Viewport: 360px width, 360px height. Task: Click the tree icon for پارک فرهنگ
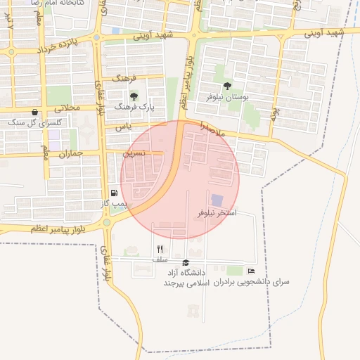[x=134, y=96]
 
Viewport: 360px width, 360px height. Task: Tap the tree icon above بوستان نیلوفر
[x=226, y=86]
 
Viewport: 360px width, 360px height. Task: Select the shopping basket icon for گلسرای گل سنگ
[x=34, y=112]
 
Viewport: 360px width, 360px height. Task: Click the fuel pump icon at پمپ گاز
[x=113, y=193]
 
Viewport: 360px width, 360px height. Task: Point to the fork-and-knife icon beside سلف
[x=160, y=249]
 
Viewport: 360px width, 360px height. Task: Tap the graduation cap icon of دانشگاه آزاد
[x=186, y=262]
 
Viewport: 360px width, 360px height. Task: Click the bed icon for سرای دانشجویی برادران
[x=251, y=271]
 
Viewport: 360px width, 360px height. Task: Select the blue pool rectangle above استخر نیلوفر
[x=217, y=201]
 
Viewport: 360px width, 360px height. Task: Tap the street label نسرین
[x=134, y=152]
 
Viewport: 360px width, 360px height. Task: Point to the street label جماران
[x=71, y=153]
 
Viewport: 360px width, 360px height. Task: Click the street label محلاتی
[x=67, y=108]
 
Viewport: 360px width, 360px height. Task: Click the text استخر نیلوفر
[x=217, y=212]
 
